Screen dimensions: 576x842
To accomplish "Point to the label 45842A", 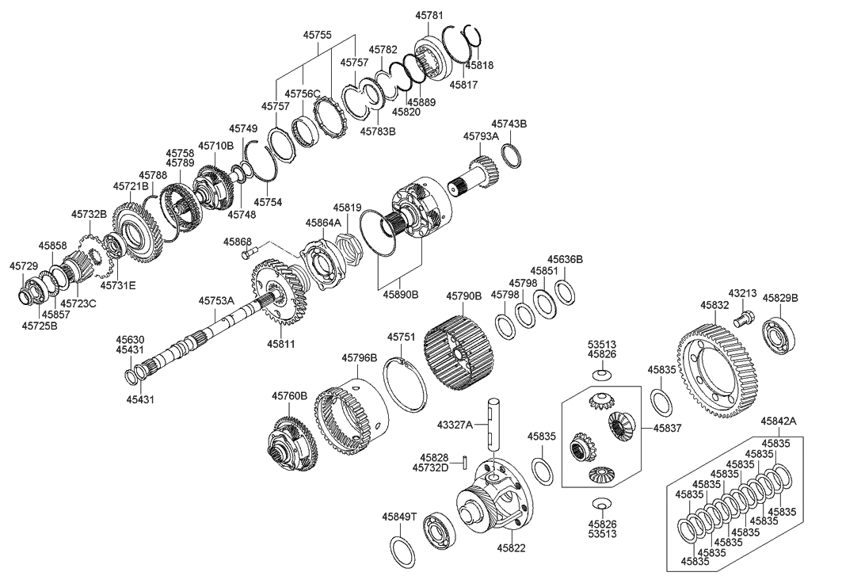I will tap(779, 422).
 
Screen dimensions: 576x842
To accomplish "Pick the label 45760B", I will tap(289, 395).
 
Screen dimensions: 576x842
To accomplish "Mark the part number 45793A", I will tap(481, 136).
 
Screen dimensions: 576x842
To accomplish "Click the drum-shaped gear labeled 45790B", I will tap(459, 349).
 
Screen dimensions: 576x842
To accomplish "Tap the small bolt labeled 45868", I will tap(249, 254).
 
